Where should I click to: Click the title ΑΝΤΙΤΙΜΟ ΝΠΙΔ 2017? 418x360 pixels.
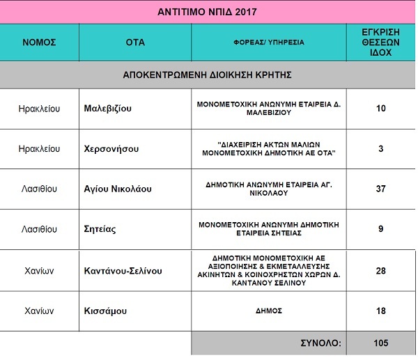click(x=208, y=10)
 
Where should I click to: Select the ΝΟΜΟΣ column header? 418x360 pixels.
click(x=39, y=42)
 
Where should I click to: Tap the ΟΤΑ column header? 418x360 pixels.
click(x=135, y=42)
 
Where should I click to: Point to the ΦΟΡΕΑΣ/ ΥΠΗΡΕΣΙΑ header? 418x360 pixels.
click(x=268, y=42)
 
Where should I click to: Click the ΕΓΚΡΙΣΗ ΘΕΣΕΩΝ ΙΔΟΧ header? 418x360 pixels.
click(x=380, y=42)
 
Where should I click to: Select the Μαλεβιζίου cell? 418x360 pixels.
click(x=107, y=109)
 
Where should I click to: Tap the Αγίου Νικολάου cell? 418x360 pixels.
click(x=117, y=189)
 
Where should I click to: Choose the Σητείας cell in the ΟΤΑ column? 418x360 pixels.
click(x=101, y=228)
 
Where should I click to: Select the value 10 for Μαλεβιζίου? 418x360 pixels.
click(x=380, y=109)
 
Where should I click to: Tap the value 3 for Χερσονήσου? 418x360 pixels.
click(x=380, y=148)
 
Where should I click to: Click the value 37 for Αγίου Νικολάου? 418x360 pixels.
click(x=380, y=189)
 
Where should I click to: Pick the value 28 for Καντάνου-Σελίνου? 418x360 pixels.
click(x=380, y=269)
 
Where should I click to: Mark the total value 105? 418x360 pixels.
click(x=380, y=343)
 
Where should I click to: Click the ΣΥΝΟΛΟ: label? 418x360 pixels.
click(x=320, y=343)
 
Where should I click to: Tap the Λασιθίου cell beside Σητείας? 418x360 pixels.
click(x=39, y=228)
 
